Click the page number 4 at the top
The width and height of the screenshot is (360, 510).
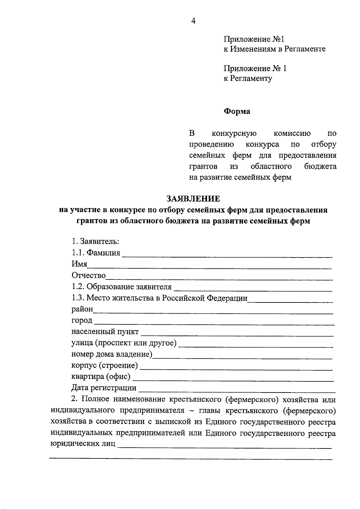click(193, 21)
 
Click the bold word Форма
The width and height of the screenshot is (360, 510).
click(237, 111)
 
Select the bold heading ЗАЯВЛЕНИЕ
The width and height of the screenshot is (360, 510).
click(193, 198)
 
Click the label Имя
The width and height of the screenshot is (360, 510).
click(79, 264)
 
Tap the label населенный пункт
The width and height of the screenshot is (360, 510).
click(105, 332)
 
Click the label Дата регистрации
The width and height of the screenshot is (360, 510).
click(104, 388)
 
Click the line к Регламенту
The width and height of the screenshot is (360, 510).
click(248, 79)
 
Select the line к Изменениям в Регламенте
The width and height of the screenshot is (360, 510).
click(274, 49)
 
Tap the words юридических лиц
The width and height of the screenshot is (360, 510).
click(83, 444)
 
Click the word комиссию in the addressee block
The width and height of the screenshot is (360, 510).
click(292, 133)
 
